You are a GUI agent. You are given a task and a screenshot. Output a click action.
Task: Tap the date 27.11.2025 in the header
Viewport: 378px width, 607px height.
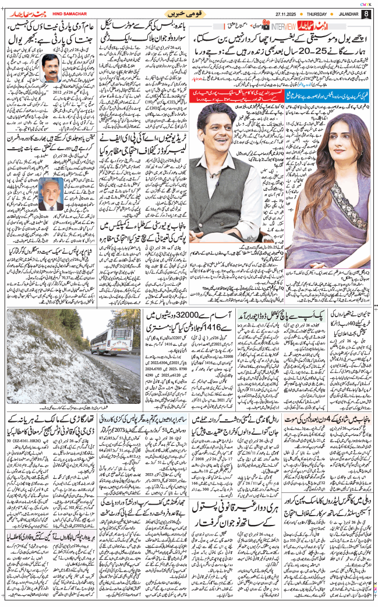point(278,13)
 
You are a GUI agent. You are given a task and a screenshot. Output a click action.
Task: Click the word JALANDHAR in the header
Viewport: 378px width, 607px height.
point(345,13)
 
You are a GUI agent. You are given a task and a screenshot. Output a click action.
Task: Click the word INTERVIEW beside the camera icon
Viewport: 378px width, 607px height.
point(283,26)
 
